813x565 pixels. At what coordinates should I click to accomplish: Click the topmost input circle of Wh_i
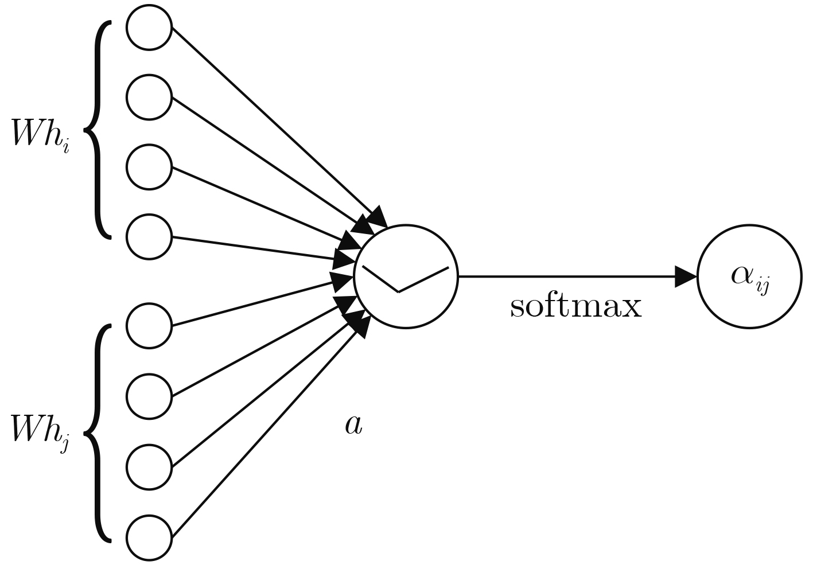click(x=149, y=27)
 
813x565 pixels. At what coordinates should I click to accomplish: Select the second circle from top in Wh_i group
click(x=149, y=97)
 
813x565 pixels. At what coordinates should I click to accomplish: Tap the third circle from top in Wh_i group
click(x=149, y=167)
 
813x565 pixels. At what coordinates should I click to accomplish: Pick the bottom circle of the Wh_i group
click(x=149, y=237)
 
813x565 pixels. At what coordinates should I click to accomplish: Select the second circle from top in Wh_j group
click(x=149, y=396)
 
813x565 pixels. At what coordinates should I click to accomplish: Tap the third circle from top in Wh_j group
click(x=149, y=466)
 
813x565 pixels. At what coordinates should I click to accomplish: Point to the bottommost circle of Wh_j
click(x=149, y=537)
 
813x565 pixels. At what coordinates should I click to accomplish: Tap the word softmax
click(x=575, y=307)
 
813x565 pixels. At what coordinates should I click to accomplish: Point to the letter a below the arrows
click(x=353, y=425)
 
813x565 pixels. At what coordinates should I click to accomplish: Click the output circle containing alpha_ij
click(x=748, y=276)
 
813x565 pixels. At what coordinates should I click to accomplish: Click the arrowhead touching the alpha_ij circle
click(x=685, y=276)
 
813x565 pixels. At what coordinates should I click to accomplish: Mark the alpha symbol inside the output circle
click(x=743, y=274)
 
